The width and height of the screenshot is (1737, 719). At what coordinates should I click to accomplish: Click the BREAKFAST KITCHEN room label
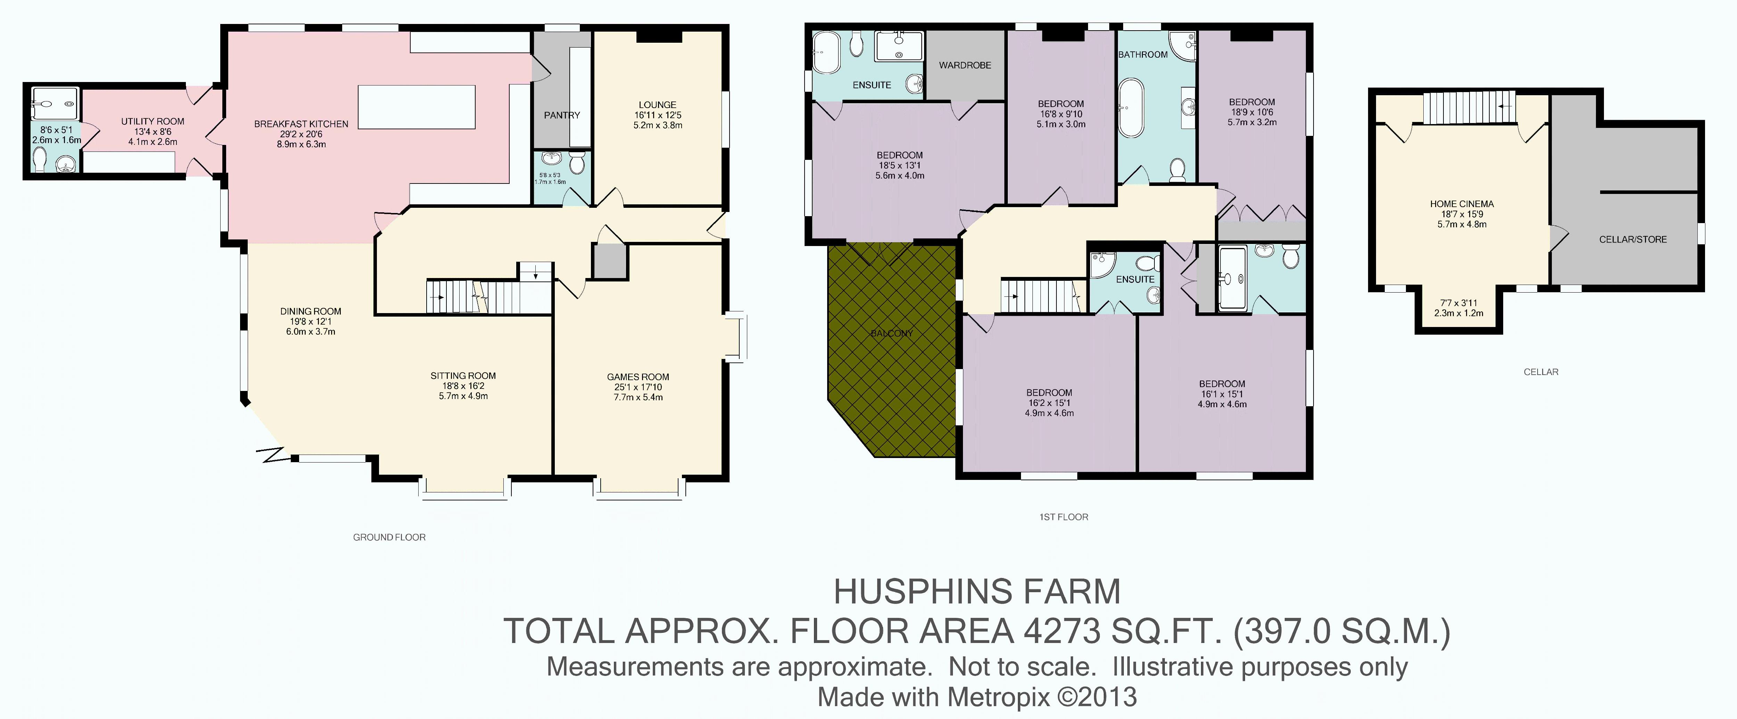click(301, 124)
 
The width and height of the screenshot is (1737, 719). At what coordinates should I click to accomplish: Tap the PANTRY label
click(562, 115)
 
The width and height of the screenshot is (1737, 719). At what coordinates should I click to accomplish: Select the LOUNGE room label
click(657, 105)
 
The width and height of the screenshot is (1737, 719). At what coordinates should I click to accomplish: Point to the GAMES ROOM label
click(638, 377)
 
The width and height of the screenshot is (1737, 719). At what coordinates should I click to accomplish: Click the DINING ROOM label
click(311, 312)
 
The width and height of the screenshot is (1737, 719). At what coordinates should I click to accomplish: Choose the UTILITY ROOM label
click(153, 121)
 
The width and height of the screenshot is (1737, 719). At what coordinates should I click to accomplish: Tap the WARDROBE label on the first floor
click(965, 65)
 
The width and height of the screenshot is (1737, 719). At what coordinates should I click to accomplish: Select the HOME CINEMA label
click(1462, 204)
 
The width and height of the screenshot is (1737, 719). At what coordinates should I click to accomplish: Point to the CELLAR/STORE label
click(1632, 239)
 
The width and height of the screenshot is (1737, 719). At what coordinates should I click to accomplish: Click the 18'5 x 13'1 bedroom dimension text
click(899, 165)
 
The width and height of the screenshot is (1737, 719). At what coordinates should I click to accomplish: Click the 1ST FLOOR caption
click(1063, 517)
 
